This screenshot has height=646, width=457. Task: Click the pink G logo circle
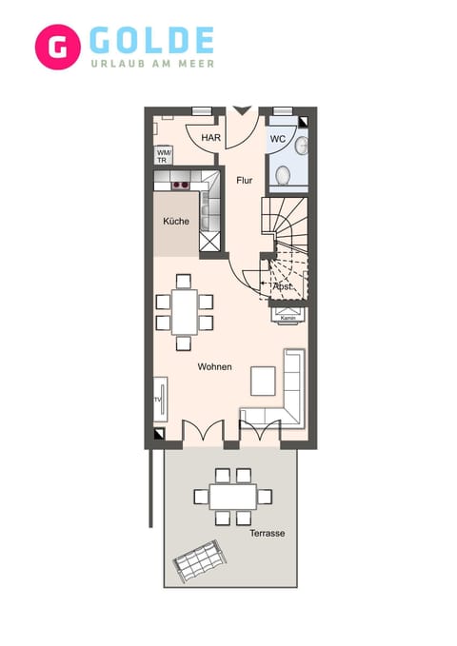(x=57, y=47)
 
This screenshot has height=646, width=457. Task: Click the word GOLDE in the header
(x=152, y=41)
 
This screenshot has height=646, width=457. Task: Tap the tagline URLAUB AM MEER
(x=152, y=64)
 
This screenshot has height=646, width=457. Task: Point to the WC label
(x=278, y=139)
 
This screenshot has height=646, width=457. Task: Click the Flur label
(x=245, y=179)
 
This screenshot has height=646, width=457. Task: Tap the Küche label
(x=175, y=222)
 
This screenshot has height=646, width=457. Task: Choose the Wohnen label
(x=214, y=366)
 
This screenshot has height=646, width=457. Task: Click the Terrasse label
(x=268, y=534)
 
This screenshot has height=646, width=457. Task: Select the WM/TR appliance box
(x=164, y=155)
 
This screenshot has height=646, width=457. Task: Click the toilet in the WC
(x=299, y=145)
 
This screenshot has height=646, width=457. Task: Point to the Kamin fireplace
(x=288, y=316)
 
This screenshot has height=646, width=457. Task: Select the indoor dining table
(x=185, y=311)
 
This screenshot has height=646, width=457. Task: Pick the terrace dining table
(x=233, y=497)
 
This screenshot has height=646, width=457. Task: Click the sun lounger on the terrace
(x=198, y=561)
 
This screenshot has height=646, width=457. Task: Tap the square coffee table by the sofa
(x=263, y=380)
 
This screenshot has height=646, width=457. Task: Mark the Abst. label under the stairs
(x=283, y=285)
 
